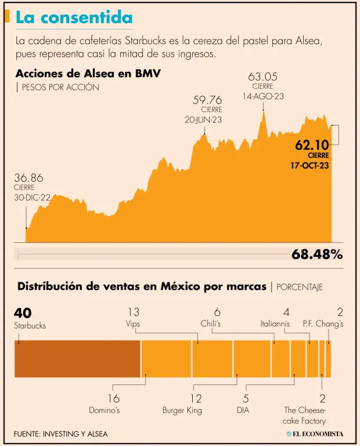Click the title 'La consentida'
(74, 17)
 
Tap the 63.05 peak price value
(263, 76)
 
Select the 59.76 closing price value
(207, 100)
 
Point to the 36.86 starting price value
(28, 178)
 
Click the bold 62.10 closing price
(312, 145)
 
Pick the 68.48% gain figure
(316, 254)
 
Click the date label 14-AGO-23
(263, 96)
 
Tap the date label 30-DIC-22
(33, 197)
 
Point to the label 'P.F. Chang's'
(323, 323)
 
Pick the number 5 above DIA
(246, 398)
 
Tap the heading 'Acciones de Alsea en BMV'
(88, 74)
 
